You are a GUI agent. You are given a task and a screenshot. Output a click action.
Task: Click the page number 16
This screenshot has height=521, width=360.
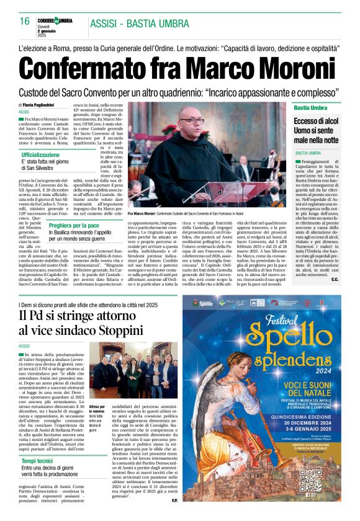pyautogui.click(x=25, y=21)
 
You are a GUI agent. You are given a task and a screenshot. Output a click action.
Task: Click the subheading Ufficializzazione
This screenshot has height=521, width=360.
pyautogui.click(x=45, y=154)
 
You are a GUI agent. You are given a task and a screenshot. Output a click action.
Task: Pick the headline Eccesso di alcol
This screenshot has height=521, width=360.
pyautogui.click(x=317, y=121)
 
